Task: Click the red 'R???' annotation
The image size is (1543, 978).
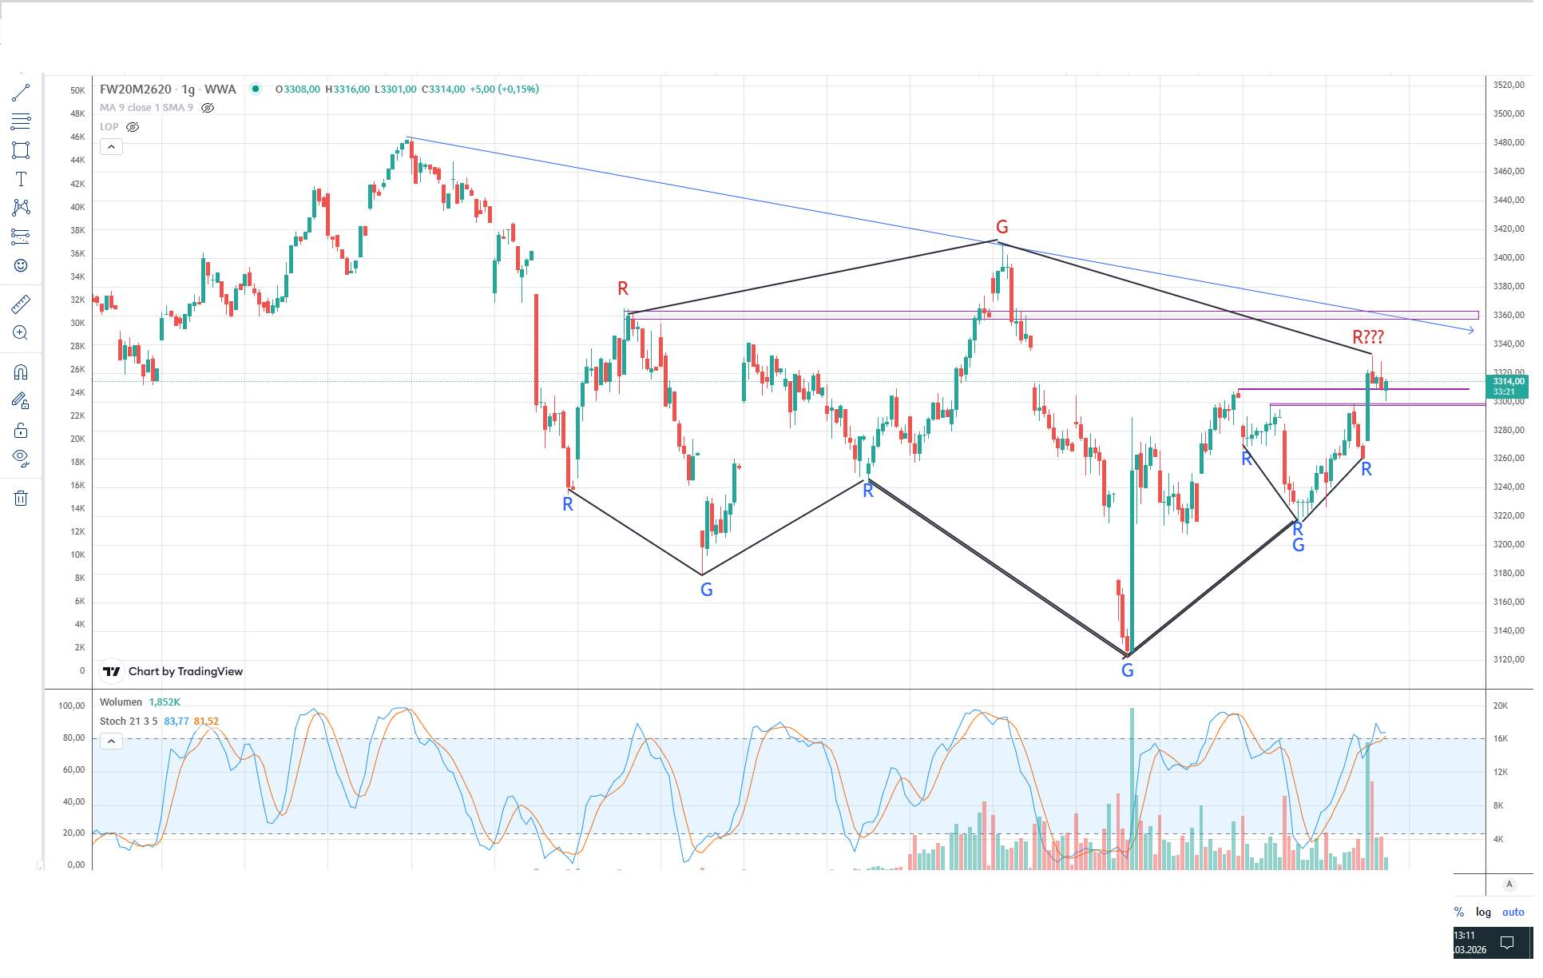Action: tap(1367, 337)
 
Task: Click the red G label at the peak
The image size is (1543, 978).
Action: tap(1002, 227)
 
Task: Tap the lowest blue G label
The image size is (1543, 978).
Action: tap(1127, 670)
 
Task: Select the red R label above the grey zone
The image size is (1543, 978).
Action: tap(623, 288)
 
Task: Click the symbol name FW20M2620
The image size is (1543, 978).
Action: tap(136, 89)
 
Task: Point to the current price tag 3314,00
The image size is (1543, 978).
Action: tap(1508, 382)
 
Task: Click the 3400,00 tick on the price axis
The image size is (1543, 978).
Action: tap(1509, 257)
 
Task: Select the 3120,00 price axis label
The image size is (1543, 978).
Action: tap(1509, 659)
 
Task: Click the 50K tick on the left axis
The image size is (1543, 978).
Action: tap(77, 90)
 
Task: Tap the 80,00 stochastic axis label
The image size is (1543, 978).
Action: tap(73, 737)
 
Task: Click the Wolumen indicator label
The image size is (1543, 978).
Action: tap(121, 702)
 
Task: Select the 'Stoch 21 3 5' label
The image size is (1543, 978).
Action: tap(129, 722)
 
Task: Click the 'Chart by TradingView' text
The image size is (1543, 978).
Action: tap(185, 671)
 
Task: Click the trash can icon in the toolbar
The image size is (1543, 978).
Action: tap(21, 499)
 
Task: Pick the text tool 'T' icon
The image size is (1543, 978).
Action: tap(21, 179)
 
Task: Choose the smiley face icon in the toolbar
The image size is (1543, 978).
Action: tap(21, 265)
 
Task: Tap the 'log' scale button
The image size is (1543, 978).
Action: tap(1483, 912)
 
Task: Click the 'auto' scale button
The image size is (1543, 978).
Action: tap(1513, 912)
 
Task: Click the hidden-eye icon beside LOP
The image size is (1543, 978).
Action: tap(133, 127)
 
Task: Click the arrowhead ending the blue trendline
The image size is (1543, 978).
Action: tap(1471, 330)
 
